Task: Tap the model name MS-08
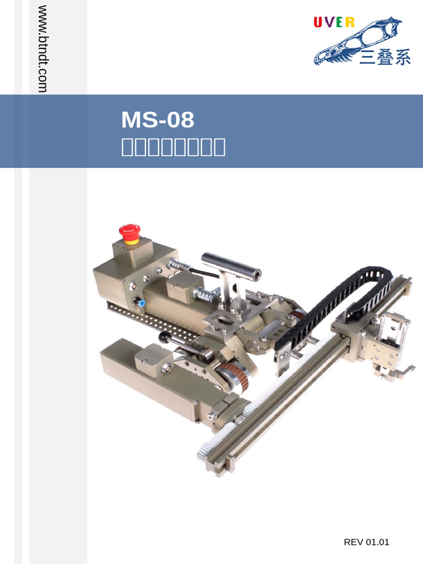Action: pos(158,120)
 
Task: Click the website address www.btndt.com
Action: pos(42,48)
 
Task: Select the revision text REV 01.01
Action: pos(366,542)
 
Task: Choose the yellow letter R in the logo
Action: pos(349,23)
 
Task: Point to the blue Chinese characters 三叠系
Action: pos(385,57)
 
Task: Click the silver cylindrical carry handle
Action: pos(231,264)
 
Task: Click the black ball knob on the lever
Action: pos(163,335)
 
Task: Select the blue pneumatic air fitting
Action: pos(140,303)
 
